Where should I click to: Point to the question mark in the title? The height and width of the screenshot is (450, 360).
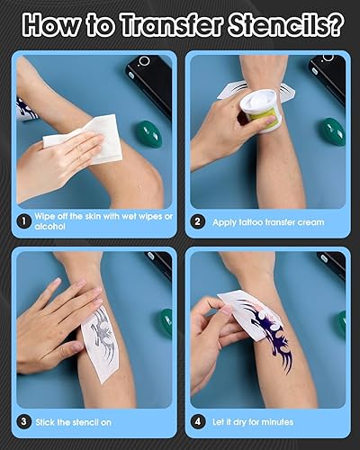point(334,23)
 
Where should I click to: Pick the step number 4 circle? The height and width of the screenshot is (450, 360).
point(198,420)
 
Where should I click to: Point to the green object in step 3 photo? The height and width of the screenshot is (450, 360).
point(164,322)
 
